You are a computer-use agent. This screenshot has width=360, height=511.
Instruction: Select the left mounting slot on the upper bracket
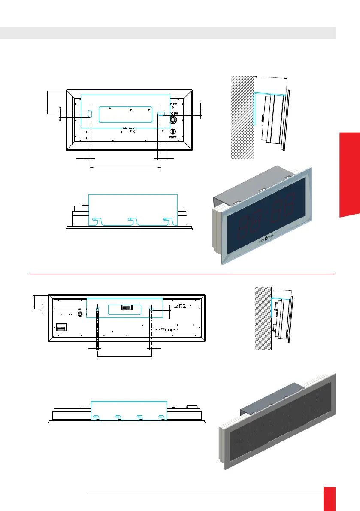click(x=90, y=113)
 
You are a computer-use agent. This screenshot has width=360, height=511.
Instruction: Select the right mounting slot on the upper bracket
click(x=161, y=113)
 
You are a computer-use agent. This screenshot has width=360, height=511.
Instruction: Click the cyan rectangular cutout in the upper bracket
click(x=125, y=114)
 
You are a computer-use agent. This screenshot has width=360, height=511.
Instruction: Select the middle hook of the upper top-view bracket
click(x=131, y=221)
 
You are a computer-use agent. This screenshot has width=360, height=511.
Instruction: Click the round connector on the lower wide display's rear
click(x=80, y=314)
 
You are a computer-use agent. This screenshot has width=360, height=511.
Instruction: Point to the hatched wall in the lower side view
click(x=263, y=318)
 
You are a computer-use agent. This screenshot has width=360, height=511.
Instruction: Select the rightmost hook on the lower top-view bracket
click(x=161, y=417)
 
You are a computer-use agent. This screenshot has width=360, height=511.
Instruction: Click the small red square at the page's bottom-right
click(x=330, y=498)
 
